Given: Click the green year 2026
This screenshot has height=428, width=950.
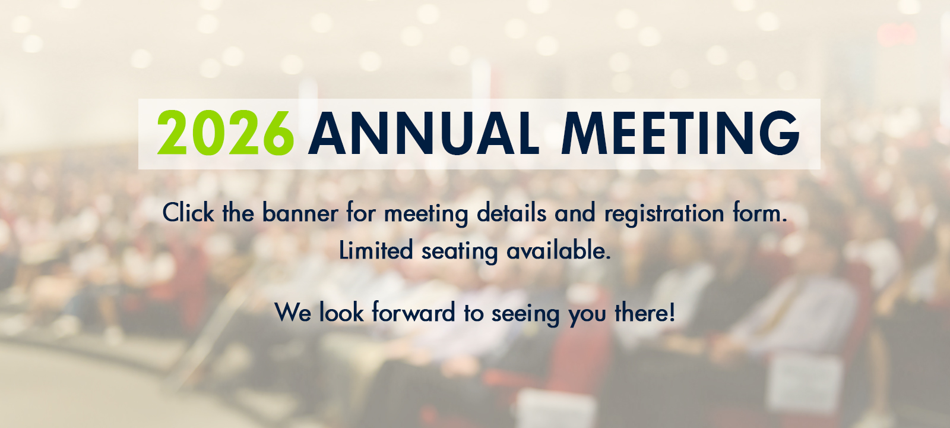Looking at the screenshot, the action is (x=226, y=133).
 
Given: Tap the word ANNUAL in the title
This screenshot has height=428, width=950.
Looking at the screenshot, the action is (x=424, y=133).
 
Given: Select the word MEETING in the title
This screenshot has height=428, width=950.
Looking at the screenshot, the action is (x=680, y=133).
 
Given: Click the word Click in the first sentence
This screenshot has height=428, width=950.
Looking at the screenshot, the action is (x=188, y=212).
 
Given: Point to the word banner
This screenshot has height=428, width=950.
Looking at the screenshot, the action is (x=300, y=212).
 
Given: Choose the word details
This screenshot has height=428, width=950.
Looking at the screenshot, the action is (x=511, y=212).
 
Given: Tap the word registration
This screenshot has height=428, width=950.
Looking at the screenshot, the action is (x=664, y=214).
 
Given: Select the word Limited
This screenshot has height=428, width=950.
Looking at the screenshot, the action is (x=376, y=250).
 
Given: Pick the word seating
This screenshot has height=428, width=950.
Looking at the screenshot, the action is (x=460, y=251).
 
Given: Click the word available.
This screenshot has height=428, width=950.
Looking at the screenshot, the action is (x=559, y=250).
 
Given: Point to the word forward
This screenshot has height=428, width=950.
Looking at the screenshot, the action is (x=413, y=312).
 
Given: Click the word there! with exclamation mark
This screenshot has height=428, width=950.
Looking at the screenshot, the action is (x=645, y=312).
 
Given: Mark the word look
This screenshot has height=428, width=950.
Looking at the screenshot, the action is (x=341, y=312).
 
